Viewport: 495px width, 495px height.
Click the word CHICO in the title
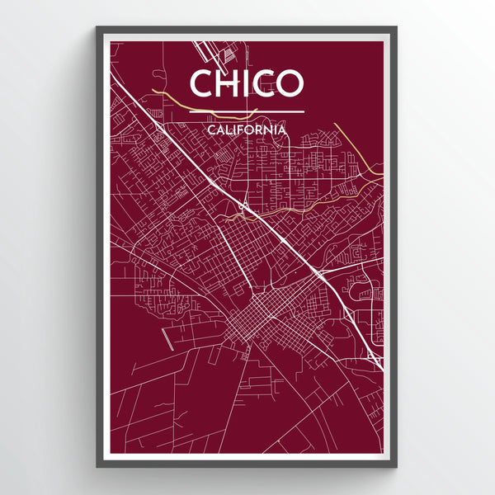(247, 82)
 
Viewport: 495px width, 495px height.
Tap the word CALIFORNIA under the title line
(247, 130)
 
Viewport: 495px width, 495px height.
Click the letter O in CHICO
(290, 82)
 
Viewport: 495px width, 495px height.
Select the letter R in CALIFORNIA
(259, 130)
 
